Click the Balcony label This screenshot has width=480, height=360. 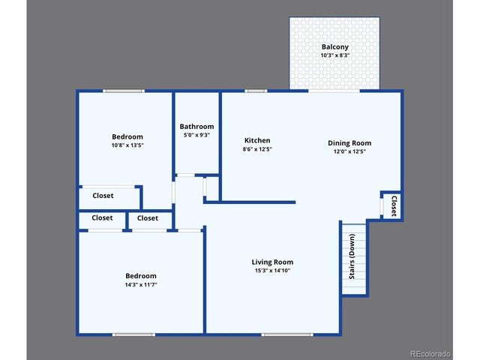[x=334, y=46]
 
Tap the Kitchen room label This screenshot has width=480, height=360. [x=257, y=140]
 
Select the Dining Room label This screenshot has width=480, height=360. [x=349, y=142]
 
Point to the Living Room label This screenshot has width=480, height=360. [x=271, y=262]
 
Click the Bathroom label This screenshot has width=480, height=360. [x=196, y=127]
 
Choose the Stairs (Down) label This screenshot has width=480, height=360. [x=352, y=257]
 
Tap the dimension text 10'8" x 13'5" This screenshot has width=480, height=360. [x=127, y=145]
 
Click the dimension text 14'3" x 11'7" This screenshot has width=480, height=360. [x=141, y=285]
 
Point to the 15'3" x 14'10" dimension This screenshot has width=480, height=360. [x=271, y=271]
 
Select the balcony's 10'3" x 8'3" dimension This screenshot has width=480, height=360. [x=334, y=55]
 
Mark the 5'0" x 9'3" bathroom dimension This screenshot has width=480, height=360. [x=196, y=136]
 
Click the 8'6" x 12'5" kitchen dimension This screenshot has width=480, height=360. [x=257, y=149]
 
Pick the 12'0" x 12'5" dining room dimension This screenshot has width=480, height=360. [x=349, y=151]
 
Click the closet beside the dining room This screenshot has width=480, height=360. [x=393, y=205]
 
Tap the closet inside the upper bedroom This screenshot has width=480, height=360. [x=103, y=196]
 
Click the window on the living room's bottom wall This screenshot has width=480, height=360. [x=287, y=334]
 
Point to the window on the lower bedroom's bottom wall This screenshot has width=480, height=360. [x=133, y=334]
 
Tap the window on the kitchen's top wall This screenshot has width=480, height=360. [x=256, y=91]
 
